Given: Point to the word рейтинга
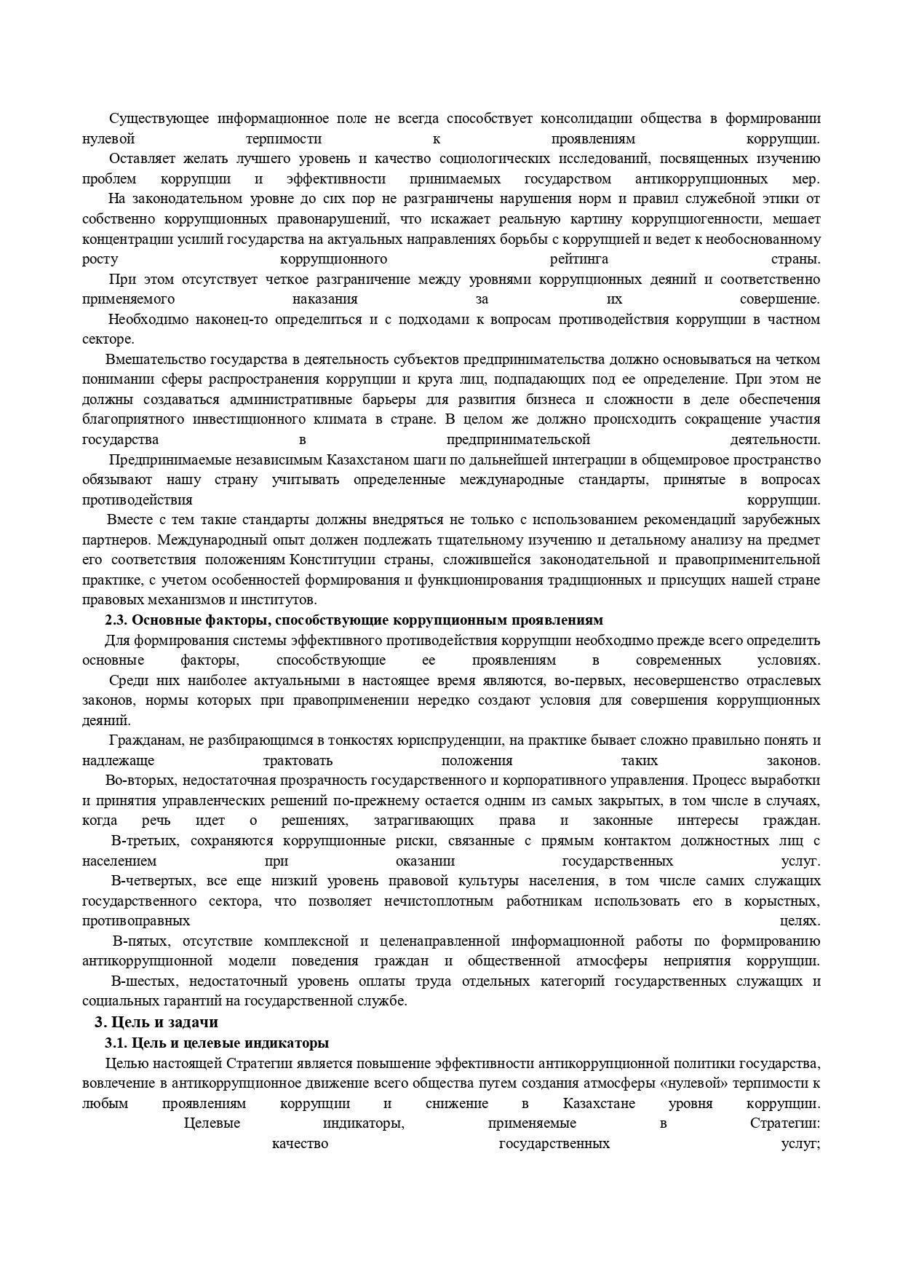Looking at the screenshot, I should (x=580, y=259).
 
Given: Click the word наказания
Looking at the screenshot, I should (x=325, y=299).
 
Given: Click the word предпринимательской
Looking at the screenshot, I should (x=517, y=440).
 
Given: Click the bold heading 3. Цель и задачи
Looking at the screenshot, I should (x=156, y=1022).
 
